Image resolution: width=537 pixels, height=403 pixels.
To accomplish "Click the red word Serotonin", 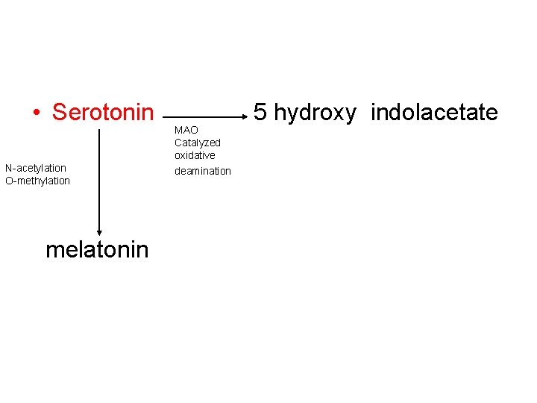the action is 102,113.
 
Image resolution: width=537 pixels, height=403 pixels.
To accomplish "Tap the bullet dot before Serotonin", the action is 36,113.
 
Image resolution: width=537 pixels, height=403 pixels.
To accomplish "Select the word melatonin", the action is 97,249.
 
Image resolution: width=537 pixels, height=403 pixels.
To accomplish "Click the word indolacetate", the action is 434,113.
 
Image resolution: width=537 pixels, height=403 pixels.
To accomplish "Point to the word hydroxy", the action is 315,113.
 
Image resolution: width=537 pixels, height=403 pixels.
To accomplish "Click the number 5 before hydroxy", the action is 260,113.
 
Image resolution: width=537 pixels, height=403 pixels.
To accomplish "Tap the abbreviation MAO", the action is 186,130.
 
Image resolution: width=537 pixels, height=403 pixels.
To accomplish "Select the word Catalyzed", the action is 198,143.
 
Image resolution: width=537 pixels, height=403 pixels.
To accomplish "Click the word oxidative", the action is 195,155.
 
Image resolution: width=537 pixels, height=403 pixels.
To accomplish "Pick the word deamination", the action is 203,171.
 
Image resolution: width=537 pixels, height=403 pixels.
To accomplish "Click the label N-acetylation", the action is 36,168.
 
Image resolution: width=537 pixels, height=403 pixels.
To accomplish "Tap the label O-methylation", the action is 37,181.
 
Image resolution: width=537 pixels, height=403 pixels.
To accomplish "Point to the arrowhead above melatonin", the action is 99,232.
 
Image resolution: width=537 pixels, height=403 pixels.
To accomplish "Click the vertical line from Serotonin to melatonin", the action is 99,179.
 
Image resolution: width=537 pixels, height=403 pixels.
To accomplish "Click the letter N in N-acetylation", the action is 8,168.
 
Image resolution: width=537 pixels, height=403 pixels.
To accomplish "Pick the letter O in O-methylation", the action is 8,181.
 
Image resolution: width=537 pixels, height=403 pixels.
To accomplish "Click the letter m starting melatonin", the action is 53,250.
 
